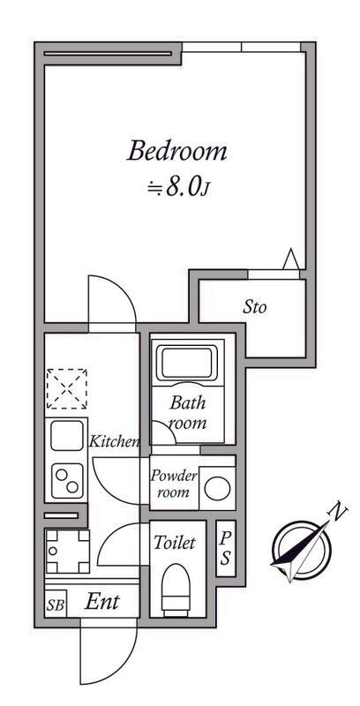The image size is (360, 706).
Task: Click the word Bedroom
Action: (176, 152)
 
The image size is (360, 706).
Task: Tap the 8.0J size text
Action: (179, 188)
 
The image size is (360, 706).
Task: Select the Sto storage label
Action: (255, 307)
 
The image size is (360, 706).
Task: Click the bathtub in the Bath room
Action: (187, 363)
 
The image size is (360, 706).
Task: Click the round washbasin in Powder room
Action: (217, 489)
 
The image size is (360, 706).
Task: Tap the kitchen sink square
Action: (66, 436)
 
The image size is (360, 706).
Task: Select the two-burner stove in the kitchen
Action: (67, 481)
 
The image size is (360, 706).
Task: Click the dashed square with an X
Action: (67, 388)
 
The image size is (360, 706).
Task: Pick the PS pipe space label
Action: (226, 548)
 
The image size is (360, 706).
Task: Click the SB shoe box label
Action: (56, 605)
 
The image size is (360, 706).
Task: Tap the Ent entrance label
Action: (102, 602)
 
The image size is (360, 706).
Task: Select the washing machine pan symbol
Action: (67, 551)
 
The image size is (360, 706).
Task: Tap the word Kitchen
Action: (114, 441)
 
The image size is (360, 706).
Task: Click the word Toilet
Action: (175, 543)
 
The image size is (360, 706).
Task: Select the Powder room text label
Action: (174, 484)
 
